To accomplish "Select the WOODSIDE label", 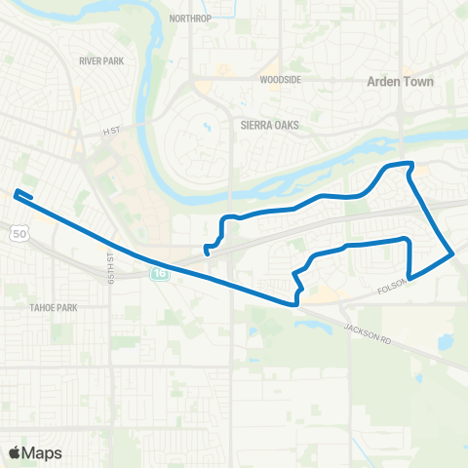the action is pyautogui.click(x=279, y=80).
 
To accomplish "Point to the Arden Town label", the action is pyautogui.click(x=399, y=82).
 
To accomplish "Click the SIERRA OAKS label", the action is pyautogui.click(x=269, y=126).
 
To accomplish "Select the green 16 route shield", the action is pyautogui.click(x=158, y=275).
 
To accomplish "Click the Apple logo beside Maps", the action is pyautogui.click(x=15, y=452).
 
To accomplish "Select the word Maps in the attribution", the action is pyautogui.click(x=42, y=452).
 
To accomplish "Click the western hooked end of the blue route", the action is pyautogui.click(x=17, y=193).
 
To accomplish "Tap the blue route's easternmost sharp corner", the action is pyautogui.click(x=452, y=253).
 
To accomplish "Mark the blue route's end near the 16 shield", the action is pyautogui.click(x=207, y=253).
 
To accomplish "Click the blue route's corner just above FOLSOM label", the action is pyautogui.click(x=409, y=277).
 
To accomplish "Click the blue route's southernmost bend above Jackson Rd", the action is pyautogui.click(x=293, y=303).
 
